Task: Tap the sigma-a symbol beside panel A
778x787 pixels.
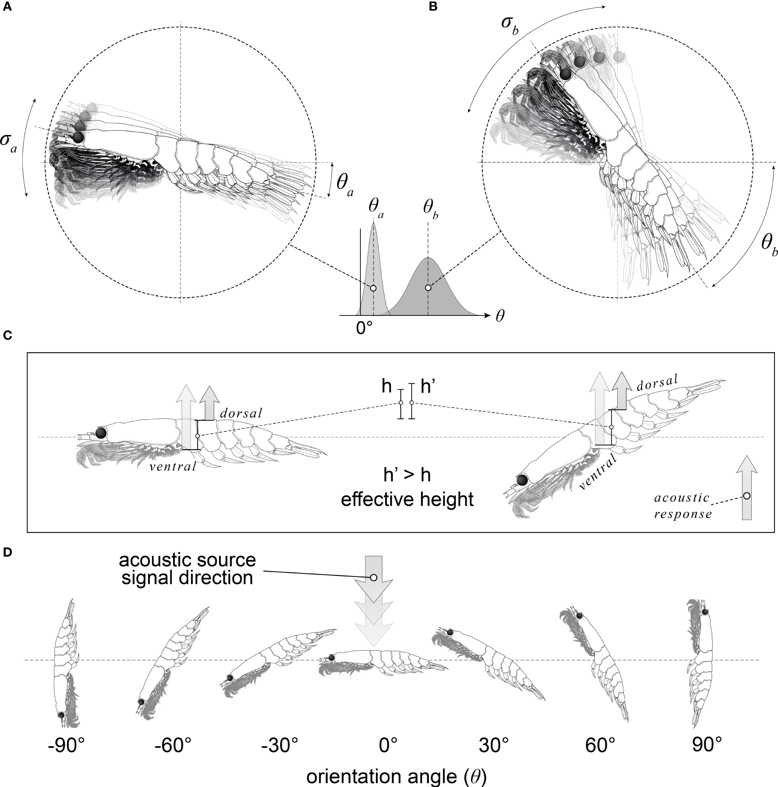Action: [9, 146]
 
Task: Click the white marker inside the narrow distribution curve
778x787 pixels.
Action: [373, 288]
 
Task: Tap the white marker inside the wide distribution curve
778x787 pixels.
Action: [428, 288]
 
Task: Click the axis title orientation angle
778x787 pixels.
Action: [396, 776]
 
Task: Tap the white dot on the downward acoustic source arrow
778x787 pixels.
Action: [374, 577]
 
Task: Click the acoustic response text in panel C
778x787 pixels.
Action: [682, 506]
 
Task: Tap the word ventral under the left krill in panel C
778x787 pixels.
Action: [173, 466]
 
